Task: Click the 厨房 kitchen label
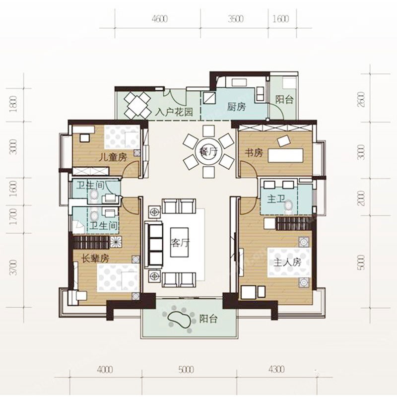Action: coord(236,107)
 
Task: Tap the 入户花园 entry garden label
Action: coord(174,112)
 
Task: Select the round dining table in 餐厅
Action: coord(208,152)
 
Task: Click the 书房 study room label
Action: coord(254,153)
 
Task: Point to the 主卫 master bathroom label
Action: coord(276,199)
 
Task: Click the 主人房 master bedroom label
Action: coord(288,263)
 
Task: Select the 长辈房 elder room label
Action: coord(95,259)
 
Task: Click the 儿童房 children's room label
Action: coord(113,157)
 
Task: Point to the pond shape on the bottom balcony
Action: coord(179,320)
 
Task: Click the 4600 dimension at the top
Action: coord(160,19)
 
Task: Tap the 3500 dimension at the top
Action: coord(235,19)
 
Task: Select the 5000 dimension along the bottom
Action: coord(187,370)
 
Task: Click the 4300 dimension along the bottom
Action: coord(276,370)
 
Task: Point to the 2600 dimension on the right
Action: coord(362,99)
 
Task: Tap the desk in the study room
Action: coord(286,155)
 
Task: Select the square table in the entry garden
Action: coord(137,105)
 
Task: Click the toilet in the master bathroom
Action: coord(288,205)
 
